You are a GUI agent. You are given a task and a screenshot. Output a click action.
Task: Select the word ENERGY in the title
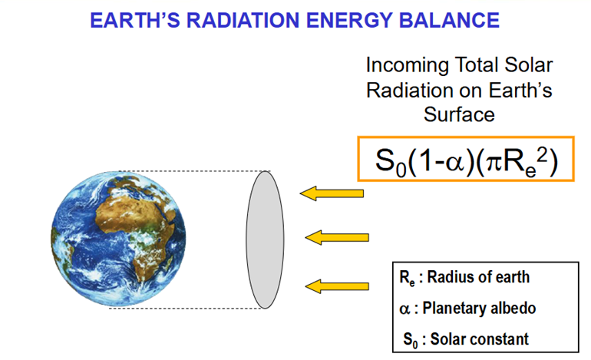(349, 21)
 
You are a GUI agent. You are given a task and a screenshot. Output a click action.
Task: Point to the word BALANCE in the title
(449, 21)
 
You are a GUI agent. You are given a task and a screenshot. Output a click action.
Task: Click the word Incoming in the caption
(407, 66)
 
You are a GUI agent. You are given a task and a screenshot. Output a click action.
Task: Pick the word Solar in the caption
(528, 64)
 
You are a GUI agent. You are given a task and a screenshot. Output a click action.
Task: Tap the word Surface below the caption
(459, 114)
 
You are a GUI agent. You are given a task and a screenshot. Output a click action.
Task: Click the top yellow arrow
(332, 193)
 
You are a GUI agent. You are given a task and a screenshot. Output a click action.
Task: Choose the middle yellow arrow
(337, 237)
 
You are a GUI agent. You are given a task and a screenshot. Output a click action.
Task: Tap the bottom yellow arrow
(337, 286)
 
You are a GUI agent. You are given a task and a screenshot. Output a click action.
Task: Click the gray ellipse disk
(265, 239)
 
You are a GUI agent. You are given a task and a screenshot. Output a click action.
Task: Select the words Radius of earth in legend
(478, 277)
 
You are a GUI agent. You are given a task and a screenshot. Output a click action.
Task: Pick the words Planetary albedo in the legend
(479, 309)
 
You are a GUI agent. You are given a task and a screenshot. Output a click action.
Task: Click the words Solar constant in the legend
(480, 339)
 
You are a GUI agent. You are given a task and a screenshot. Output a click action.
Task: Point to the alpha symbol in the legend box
(404, 309)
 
